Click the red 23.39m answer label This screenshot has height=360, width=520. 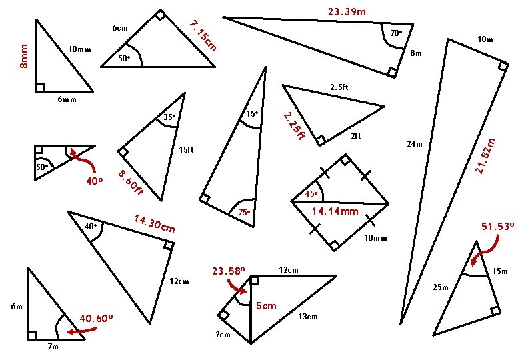tap(347, 12)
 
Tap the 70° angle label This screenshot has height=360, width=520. tap(395, 33)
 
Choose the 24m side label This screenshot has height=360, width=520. tap(414, 144)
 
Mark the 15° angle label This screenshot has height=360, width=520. tap(251, 114)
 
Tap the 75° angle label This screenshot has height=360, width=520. tap(243, 212)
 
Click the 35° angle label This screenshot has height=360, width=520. tap(169, 117)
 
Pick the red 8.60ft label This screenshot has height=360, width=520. tap(131, 183)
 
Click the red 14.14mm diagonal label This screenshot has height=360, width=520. tap(335, 211)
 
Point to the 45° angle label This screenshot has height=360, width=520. tap(311, 194)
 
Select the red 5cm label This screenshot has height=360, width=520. tap(266, 306)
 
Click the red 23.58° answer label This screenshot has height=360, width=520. tap(229, 271)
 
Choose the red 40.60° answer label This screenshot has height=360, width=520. tap(95, 318)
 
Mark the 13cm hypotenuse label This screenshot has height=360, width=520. tap(308, 317)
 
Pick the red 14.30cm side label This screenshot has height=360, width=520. tap(154, 224)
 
